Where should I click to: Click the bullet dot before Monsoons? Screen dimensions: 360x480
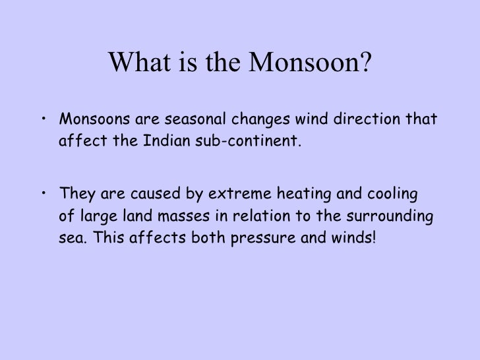(x=43, y=120)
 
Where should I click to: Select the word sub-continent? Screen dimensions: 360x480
(x=247, y=140)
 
